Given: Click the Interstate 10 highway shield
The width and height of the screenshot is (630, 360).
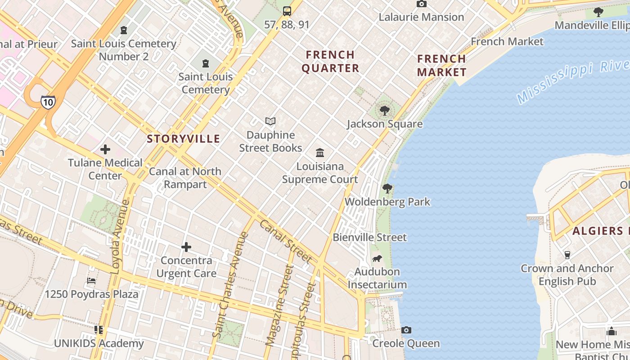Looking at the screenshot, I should pos(48,102).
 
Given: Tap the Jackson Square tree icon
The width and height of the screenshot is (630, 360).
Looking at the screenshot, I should pos(384,110).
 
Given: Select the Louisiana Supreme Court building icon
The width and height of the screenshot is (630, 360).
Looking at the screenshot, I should pos(320,153).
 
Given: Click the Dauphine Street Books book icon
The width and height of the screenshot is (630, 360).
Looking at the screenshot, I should pos(270,121).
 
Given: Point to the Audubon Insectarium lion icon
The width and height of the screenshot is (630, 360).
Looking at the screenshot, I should pos(377,258).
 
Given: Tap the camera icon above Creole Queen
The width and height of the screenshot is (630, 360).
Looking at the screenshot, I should pos(406,330).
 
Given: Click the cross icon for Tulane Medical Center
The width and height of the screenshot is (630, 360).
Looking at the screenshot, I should pos(105,149).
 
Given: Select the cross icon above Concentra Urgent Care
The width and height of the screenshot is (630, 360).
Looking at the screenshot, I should pos(186,247).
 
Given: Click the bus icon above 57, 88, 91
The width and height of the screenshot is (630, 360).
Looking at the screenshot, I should pos(287,11).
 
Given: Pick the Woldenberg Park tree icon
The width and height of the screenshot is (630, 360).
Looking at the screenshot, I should pos(387,188).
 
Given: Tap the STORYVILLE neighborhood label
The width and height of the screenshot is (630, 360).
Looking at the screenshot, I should pos(184,139).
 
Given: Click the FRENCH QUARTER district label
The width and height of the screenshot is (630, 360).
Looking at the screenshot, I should pos(330,62).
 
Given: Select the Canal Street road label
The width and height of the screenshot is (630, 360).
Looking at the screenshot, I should pos(285,242).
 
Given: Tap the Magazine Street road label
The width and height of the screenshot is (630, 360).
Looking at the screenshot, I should pos(279,306).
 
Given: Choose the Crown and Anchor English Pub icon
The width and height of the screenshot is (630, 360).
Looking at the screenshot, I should pos(567,255).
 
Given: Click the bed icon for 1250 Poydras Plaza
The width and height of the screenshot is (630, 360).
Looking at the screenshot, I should pos(91,281).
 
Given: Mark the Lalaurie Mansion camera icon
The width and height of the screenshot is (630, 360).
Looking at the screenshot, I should pos(421,4).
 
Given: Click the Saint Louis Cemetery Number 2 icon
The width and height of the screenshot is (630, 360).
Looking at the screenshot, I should pos(124,30).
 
